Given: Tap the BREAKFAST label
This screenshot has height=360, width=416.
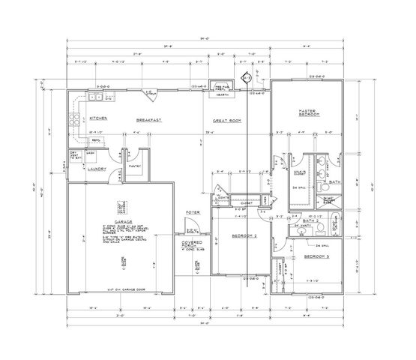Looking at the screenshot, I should [x=150, y=119].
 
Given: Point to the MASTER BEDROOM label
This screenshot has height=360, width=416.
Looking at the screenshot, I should [x=307, y=113].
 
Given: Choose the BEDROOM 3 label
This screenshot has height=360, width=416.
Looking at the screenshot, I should [x=316, y=257].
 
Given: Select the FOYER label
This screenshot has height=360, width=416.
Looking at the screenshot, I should [x=192, y=212].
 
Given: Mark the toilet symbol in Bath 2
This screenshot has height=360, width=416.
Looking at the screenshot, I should [x=318, y=227].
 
